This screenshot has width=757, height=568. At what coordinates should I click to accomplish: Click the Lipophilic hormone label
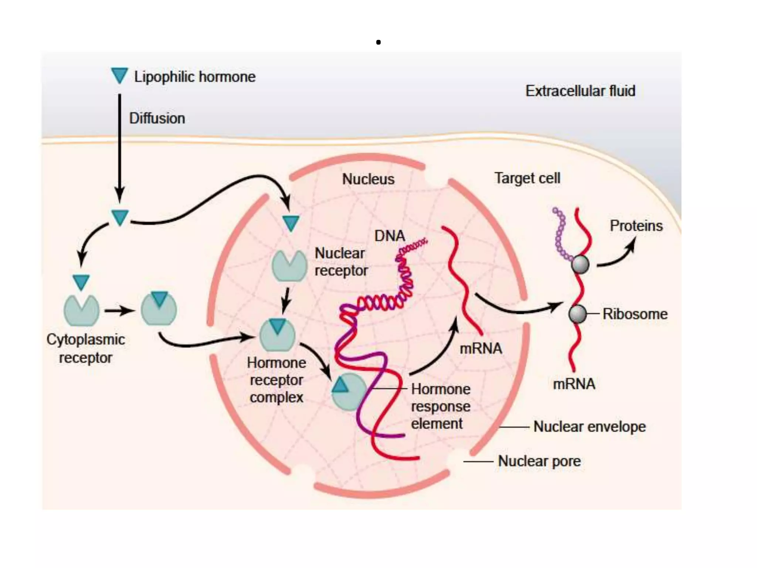pyautogui.click(x=195, y=77)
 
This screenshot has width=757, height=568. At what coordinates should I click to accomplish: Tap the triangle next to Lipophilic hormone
pyautogui.click(x=119, y=75)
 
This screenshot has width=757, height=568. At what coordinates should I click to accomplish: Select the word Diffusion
pyautogui.click(x=157, y=118)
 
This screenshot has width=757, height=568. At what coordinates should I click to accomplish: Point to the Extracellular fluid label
pyautogui.click(x=580, y=91)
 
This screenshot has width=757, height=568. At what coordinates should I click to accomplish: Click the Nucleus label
pyautogui.click(x=368, y=179)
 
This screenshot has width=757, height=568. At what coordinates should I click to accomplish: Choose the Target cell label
pyautogui.click(x=527, y=178)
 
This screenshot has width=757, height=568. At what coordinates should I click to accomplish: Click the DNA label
pyautogui.click(x=390, y=236)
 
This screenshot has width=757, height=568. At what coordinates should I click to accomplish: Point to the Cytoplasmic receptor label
pyautogui.click(x=85, y=348)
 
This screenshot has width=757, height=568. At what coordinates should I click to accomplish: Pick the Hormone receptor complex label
pyautogui.click(x=276, y=380)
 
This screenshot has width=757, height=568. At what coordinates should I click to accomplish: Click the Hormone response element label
pyautogui.click(x=441, y=406)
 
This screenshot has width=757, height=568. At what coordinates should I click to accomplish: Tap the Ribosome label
pyautogui.click(x=635, y=314)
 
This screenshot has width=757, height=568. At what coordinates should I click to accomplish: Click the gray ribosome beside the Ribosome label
pyautogui.click(x=577, y=314)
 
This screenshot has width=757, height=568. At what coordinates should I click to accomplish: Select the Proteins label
pyautogui.click(x=636, y=226)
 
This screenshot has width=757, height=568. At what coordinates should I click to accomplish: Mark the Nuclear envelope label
pyautogui.click(x=590, y=427)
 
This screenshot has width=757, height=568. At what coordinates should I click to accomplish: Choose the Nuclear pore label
pyautogui.click(x=539, y=461)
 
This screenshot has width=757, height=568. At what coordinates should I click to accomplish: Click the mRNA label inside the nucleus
pyautogui.click(x=481, y=348)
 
